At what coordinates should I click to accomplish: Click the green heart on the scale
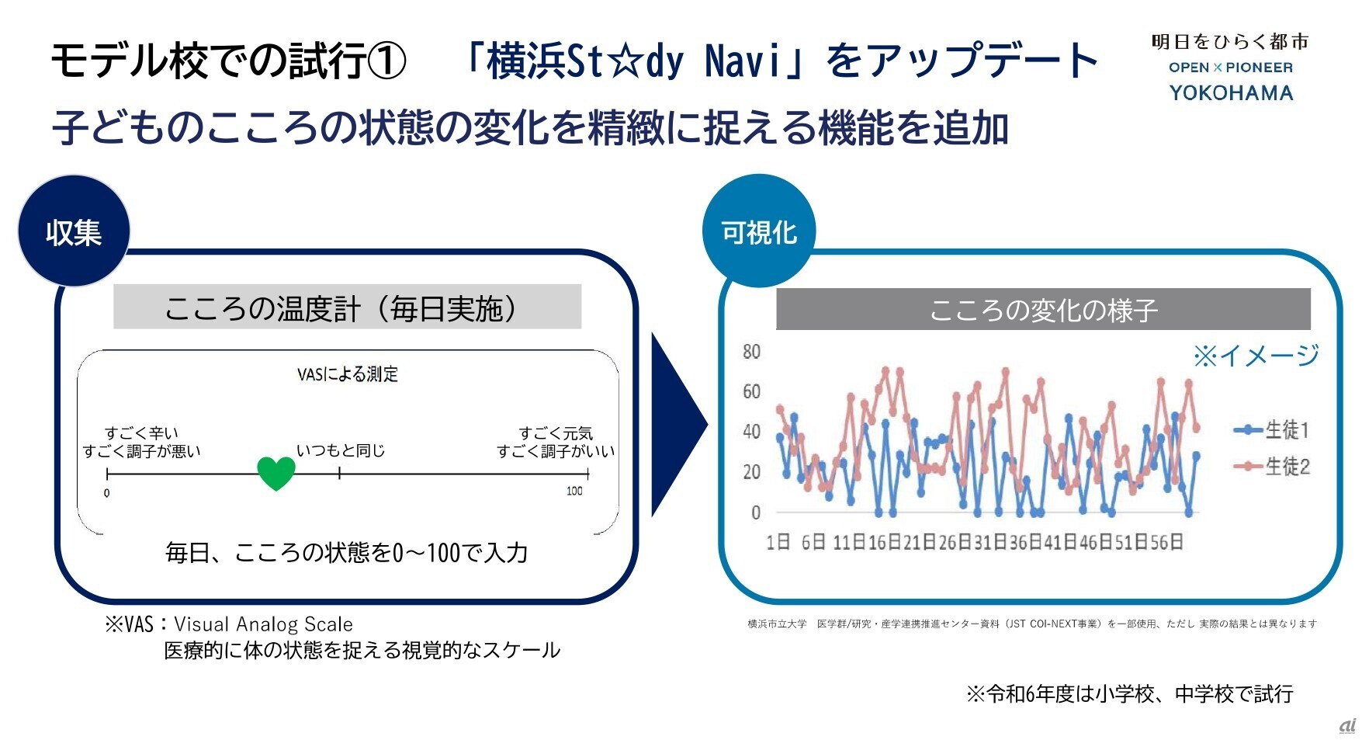(x=276, y=472)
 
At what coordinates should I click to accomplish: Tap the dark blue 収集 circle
(x=74, y=231)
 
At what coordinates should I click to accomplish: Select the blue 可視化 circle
(x=758, y=231)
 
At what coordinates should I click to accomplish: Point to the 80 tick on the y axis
(x=751, y=352)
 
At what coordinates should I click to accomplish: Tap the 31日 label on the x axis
(x=990, y=542)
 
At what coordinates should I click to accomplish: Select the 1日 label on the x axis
(x=778, y=542)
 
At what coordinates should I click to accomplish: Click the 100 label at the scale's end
(x=574, y=491)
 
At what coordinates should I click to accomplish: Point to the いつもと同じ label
(x=341, y=450)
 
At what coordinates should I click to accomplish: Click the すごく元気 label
(x=556, y=433)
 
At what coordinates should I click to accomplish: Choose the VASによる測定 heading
(x=347, y=374)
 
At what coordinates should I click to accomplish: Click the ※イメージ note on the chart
(x=1256, y=356)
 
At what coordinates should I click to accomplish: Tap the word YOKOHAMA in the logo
(x=1231, y=93)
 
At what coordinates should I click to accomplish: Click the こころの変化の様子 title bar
(x=1043, y=310)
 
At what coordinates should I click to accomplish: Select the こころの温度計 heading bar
(x=347, y=308)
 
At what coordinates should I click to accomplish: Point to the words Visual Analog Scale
(x=263, y=624)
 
